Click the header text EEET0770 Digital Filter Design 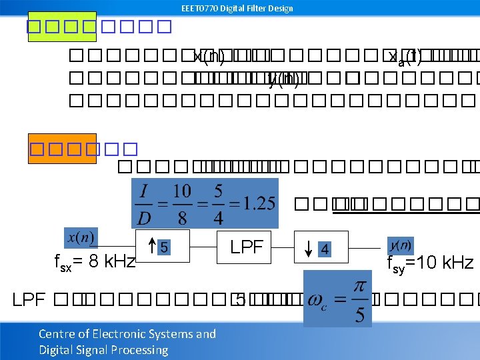pos(237,8)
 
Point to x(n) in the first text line pos(209,57)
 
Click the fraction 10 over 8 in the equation pos(181,203)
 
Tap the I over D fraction pos(145,203)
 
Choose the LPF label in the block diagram pos(247,247)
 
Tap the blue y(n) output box pos(400,245)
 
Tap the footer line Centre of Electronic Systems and pos(127,334)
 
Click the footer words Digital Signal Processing pos(103,349)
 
